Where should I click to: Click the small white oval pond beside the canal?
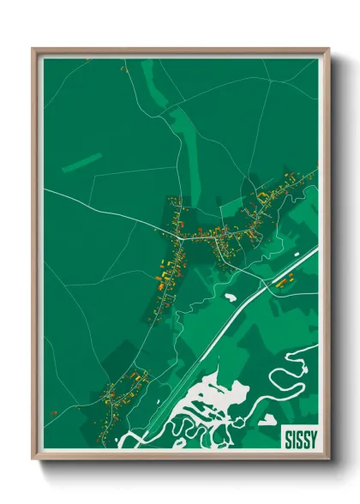click(230, 297)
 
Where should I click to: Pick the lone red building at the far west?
click(54, 412)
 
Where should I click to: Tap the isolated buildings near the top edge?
click(123, 68)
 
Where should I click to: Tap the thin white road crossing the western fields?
click(94, 206)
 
